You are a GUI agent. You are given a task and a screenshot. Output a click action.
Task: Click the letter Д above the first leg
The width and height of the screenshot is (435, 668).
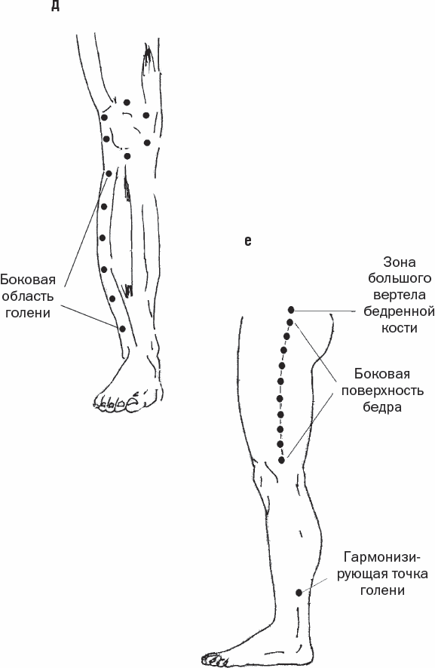[55, 6]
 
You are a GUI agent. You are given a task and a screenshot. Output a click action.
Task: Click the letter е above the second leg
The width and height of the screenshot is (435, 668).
[248, 241]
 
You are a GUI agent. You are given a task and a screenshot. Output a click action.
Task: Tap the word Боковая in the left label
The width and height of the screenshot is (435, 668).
[28, 280]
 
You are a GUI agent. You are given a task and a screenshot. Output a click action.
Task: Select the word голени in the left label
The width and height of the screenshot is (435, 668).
[28, 313]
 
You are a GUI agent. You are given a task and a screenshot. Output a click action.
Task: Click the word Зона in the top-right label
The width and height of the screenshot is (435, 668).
[400, 262]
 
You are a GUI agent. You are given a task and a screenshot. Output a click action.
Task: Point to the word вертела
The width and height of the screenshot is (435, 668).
[400, 295]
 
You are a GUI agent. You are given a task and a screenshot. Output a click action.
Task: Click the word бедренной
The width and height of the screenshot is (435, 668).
[400, 311]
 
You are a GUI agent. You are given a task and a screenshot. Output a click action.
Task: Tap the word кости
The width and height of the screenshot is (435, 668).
[400, 328]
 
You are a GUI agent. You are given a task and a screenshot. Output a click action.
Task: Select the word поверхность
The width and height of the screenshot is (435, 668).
[382, 391]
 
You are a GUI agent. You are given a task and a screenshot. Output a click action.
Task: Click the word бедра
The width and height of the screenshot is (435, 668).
[382, 407]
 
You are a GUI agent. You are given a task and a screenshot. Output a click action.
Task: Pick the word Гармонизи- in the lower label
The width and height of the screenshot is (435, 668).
[382, 557]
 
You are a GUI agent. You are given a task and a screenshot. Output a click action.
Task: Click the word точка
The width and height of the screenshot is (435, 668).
[408, 574]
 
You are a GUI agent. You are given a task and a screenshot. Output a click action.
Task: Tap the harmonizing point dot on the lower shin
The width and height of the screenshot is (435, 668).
[299, 592]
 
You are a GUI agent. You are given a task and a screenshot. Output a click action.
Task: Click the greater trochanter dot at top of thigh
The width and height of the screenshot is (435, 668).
[292, 310]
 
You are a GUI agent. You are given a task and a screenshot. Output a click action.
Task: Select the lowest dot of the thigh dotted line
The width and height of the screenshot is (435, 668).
[281, 460]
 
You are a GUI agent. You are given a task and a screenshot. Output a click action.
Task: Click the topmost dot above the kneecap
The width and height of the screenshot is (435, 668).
[127, 103]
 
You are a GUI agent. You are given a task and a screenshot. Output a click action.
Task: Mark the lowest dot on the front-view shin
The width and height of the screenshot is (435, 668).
[122, 329]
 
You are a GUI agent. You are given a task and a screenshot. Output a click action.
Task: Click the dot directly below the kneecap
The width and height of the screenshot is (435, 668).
[127, 156]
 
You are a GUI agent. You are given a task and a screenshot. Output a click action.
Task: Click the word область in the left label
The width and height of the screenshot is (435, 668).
[28, 296]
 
